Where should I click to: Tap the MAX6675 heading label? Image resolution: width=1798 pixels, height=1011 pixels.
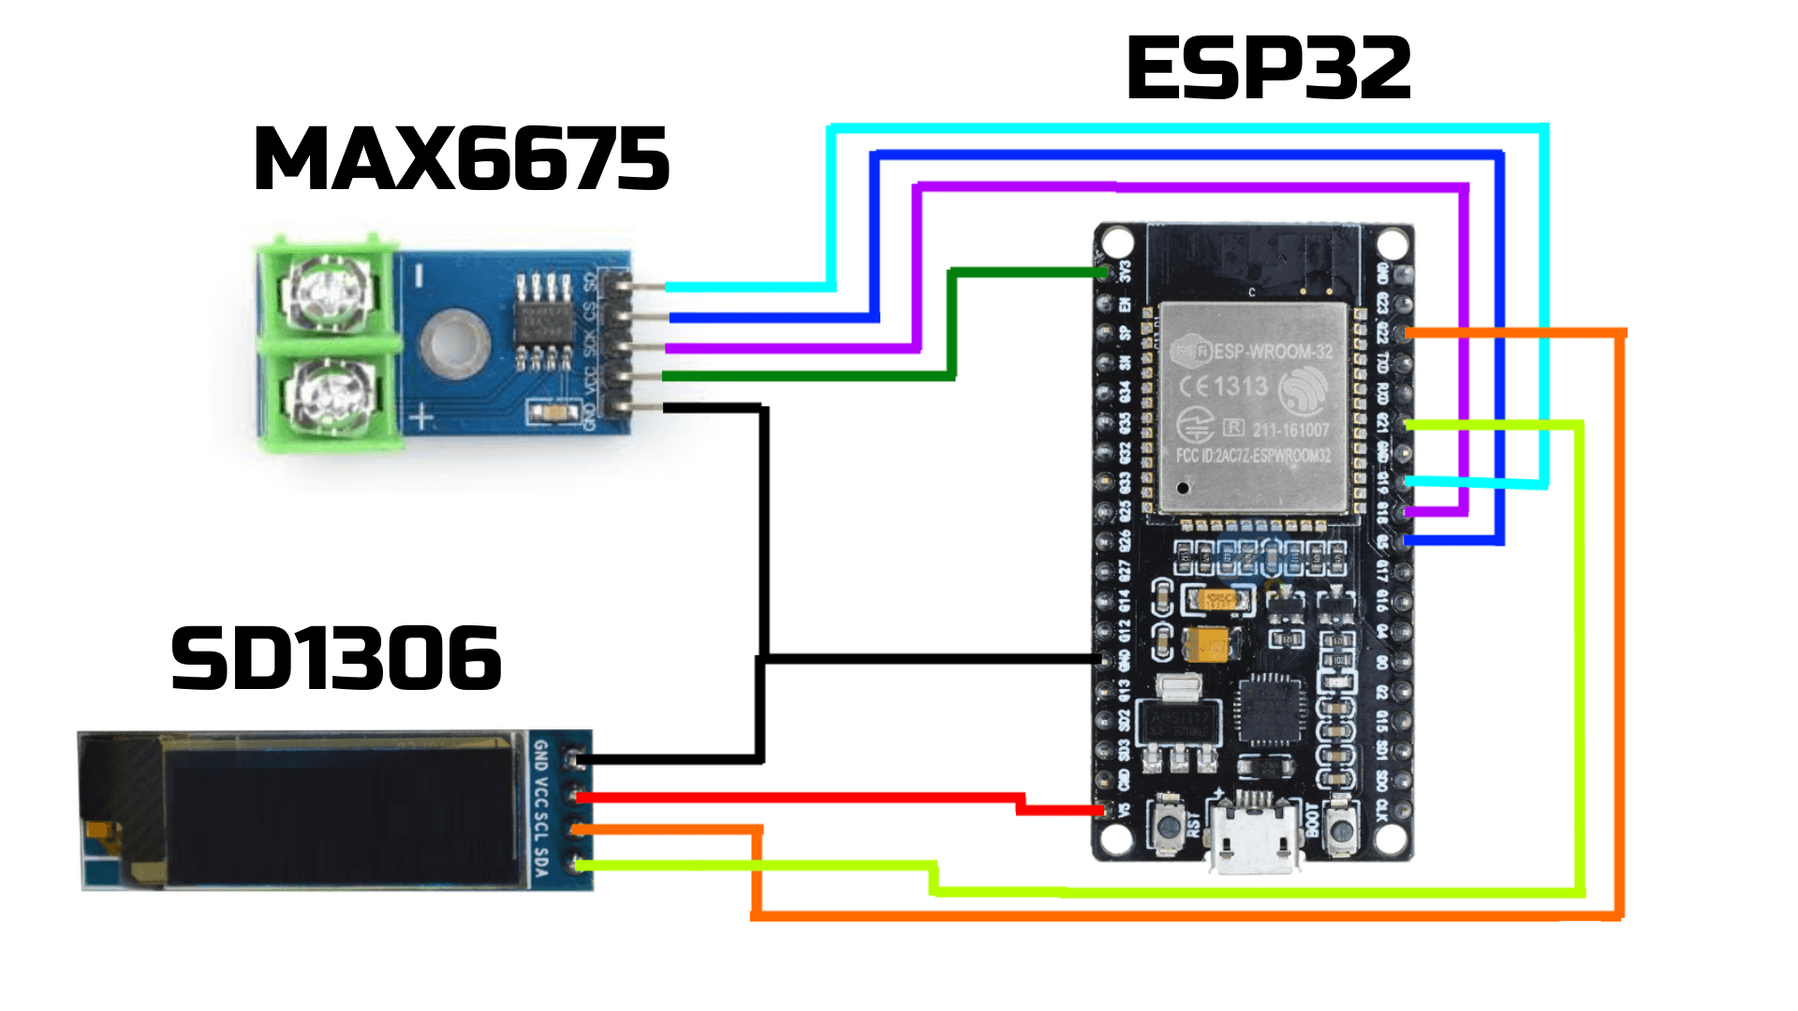461,159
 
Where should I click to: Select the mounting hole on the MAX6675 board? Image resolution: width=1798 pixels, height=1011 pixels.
454,341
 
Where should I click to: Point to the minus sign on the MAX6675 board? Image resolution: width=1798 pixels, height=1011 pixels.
420,276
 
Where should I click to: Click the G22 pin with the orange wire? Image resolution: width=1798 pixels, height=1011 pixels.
1402,333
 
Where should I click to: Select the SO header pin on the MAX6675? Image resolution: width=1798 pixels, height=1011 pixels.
618,283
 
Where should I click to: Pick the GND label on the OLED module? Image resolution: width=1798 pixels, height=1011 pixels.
540,755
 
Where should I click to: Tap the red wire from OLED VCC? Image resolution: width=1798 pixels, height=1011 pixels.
796,798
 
